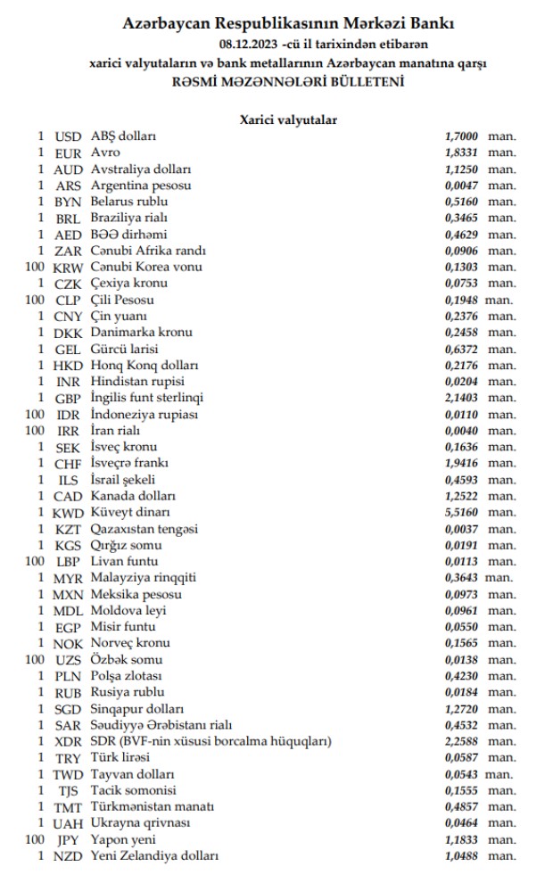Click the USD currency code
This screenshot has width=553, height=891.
pos(67,136)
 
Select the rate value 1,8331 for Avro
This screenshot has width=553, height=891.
pos(461,153)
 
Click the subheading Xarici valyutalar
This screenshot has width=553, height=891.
pos(287,119)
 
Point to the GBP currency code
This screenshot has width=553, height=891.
pos(68,398)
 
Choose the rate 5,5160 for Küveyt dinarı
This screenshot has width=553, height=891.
pos(461,512)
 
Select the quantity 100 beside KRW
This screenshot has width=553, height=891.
pos(35,268)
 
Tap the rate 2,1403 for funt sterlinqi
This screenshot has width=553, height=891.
pos(461,398)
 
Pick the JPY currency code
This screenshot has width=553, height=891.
pos(68,839)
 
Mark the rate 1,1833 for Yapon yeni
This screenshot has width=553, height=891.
pos(461,839)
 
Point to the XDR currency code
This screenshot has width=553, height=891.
pos(68,741)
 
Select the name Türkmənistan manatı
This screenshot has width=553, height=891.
pos(153,806)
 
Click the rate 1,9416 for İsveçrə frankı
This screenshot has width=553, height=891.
pos(461,463)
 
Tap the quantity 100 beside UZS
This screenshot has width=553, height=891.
pos(35,659)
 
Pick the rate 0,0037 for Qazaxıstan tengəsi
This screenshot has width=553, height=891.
pos(461,529)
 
